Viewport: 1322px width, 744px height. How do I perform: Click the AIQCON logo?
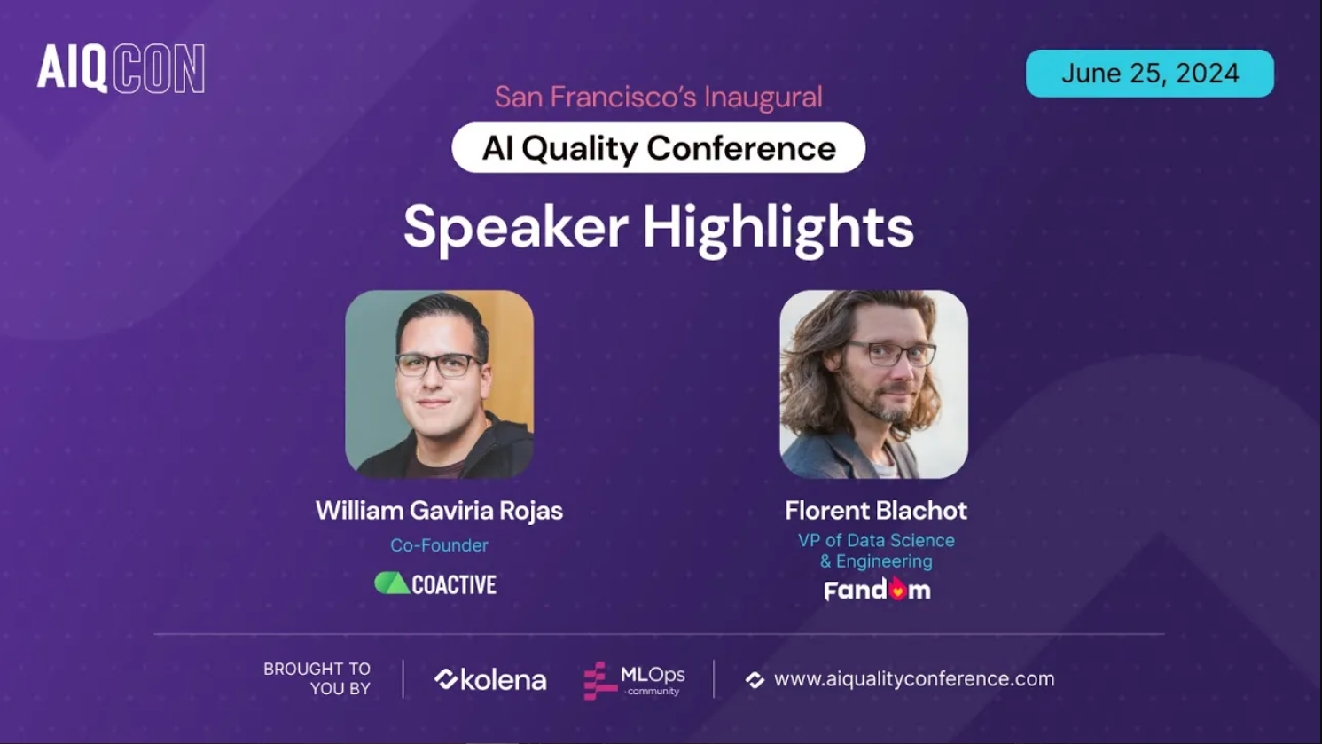pos(121,68)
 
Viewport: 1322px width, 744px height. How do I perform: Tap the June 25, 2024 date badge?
pos(1149,74)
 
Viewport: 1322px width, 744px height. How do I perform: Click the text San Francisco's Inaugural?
pos(658,97)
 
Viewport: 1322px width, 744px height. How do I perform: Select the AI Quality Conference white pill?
pos(658,148)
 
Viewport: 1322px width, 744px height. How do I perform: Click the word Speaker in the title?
pos(515,228)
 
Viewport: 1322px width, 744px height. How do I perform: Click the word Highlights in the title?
pos(778,228)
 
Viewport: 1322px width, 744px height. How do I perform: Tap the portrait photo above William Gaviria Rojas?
pos(439,384)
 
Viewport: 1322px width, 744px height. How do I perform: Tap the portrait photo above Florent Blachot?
pos(873,384)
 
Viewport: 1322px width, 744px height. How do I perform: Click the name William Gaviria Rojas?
pos(439,511)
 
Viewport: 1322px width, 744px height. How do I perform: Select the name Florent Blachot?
pos(875,511)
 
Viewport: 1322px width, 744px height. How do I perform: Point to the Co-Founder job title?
pos(439,545)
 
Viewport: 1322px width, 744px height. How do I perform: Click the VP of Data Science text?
pos(875,541)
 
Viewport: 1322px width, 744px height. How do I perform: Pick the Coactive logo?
pos(435,583)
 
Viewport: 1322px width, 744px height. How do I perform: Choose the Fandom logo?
pos(877,591)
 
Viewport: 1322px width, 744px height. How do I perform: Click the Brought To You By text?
pos(317,678)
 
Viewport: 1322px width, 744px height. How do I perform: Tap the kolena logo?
pos(489,680)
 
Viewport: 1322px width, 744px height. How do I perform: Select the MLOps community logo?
pos(634,680)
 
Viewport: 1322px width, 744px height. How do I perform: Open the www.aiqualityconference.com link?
pos(913,679)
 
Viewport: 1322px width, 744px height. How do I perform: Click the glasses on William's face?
pos(438,364)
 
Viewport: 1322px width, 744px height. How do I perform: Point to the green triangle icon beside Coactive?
pos(391,583)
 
